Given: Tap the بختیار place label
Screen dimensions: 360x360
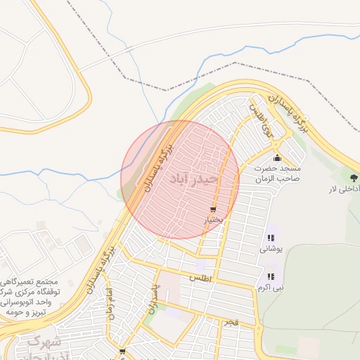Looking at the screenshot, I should coord(213,220).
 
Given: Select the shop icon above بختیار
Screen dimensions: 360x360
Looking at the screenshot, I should coord(213,210).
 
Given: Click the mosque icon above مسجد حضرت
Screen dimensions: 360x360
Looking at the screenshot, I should coord(278,157).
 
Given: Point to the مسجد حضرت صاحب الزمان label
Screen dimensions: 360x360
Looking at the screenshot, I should coord(278,174).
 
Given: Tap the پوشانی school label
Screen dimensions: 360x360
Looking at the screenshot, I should coord(271,248).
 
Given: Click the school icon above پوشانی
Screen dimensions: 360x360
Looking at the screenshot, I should coord(271,238).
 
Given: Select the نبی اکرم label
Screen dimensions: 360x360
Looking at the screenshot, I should coord(271,287).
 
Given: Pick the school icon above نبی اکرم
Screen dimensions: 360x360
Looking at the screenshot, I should coord(271,276).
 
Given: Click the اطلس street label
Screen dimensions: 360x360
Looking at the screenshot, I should coord(198,278).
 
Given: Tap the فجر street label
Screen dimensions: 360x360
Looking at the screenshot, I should coord(231,322).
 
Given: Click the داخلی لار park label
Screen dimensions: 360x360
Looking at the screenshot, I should coord(345,190).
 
